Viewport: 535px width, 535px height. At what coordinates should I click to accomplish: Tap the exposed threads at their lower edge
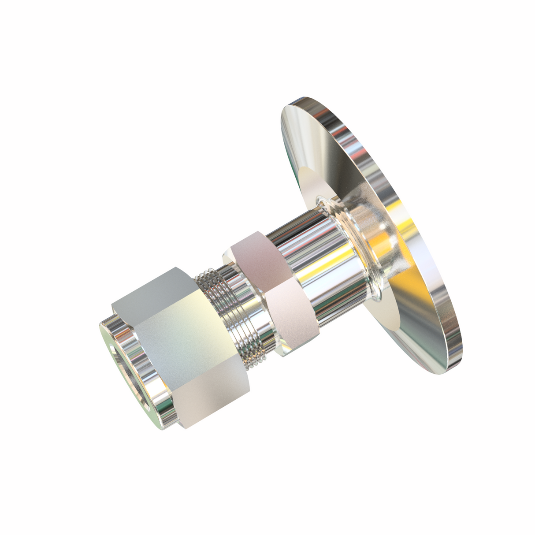pos(256,357)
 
